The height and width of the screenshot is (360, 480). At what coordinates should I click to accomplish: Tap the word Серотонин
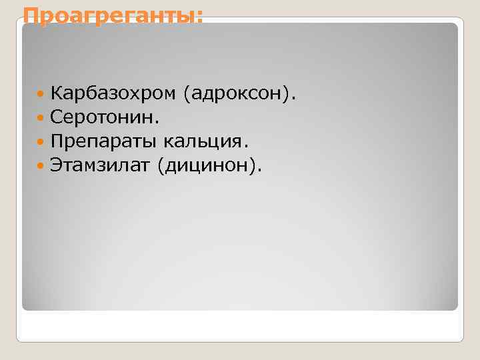pos(102,118)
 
